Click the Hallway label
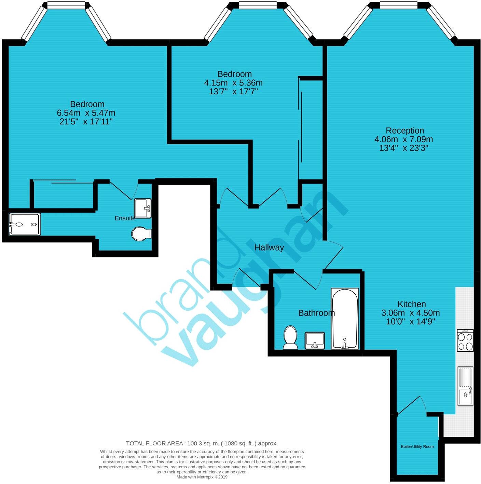tap(269, 248)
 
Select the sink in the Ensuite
tap(142, 208)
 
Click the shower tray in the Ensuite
tap(25, 224)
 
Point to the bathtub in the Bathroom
tap(345, 319)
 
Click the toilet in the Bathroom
tap(290, 337)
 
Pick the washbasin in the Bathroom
tap(315, 340)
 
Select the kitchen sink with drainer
tap(465, 390)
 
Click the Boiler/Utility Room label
tap(417, 446)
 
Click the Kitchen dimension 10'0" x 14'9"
tap(410, 322)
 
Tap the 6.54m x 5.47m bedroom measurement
tap(86, 113)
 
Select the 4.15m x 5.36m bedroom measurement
tap(233, 83)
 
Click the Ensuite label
tap(125, 218)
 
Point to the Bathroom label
tap(316, 313)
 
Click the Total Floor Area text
tap(202, 443)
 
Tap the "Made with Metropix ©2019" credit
tap(202, 477)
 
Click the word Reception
tap(405, 131)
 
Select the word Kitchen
tap(412, 304)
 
